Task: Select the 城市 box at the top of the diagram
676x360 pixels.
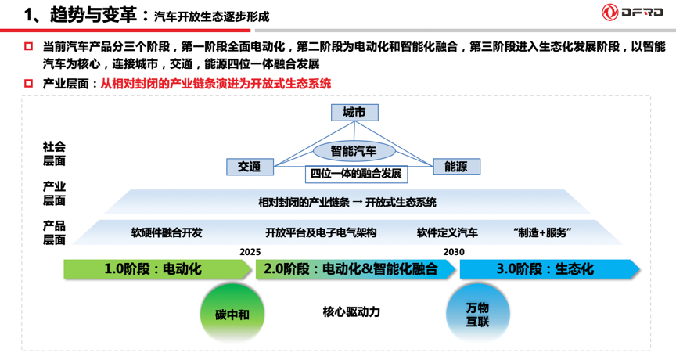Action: pos(354,113)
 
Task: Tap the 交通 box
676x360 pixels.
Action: pos(250,167)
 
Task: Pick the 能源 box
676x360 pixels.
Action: pos(456,167)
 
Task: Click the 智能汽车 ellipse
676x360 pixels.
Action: pos(353,150)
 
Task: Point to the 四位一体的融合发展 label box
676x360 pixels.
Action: pos(356,173)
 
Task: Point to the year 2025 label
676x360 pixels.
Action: pos(250,252)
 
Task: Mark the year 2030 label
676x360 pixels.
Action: pos(454,252)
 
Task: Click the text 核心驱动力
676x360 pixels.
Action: pos(351,311)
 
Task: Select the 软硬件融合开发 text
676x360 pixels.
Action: pos(167,232)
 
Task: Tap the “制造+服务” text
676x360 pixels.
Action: pos(543,232)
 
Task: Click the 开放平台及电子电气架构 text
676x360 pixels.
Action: pos(321,232)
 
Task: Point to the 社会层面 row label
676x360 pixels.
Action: pos(55,154)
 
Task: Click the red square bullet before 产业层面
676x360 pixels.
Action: pos(29,84)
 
